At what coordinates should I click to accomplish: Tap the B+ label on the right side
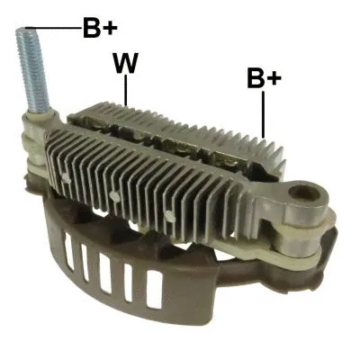pyautogui.click(x=264, y=78)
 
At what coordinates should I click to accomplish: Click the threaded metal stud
pyautogui.click(x=33, y=76)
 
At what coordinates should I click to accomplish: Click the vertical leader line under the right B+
pyautogui.click(x=263, y=114)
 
